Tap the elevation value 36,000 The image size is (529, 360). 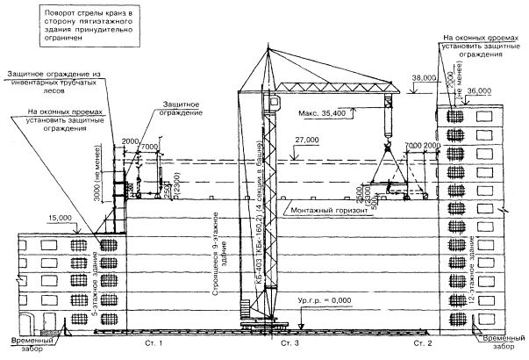(x=479, y=91)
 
